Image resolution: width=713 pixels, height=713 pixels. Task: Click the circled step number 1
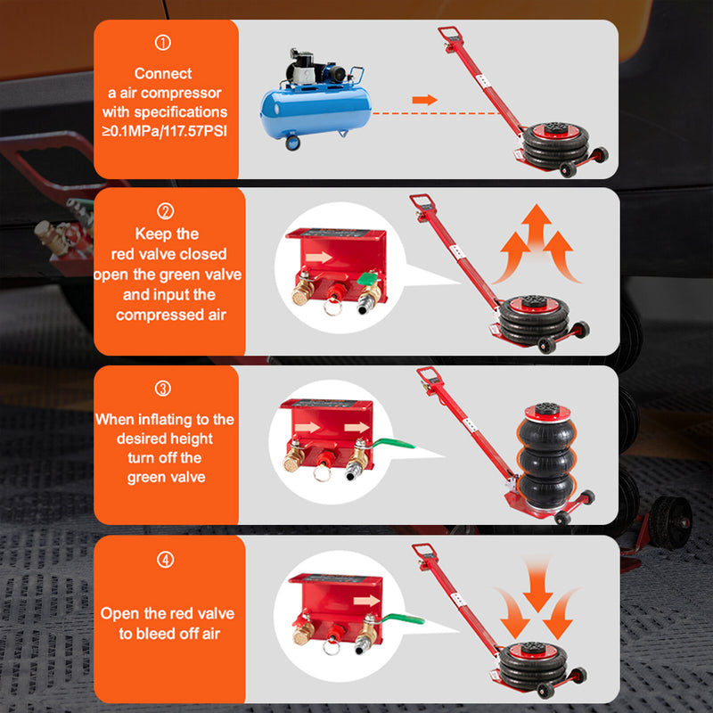tap(163, 43)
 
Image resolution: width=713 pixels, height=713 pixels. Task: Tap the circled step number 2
tap(165, 212)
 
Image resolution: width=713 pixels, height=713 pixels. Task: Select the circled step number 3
tap(163, 389)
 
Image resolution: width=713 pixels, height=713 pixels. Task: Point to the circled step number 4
tap(165, 560)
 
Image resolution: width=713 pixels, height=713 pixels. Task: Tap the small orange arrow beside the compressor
tap(426, 100)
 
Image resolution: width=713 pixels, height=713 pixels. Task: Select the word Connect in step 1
tap(163, 74)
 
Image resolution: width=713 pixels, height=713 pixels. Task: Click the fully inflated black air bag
tap(545, 464)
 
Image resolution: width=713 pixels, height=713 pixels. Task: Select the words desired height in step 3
tap(165, 438)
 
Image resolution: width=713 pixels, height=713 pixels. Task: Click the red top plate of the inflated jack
tap(545, 412)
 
